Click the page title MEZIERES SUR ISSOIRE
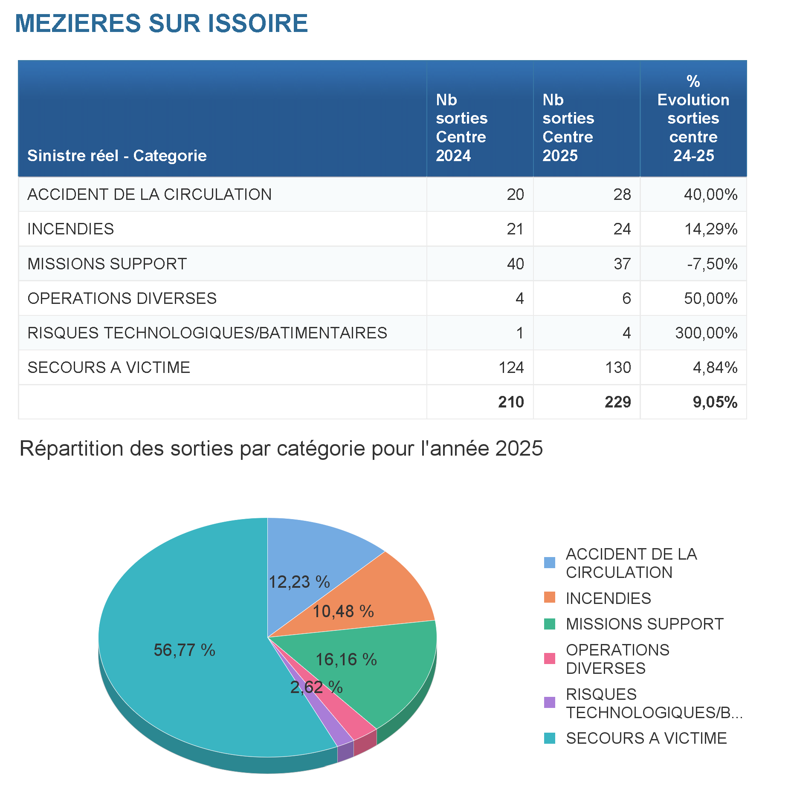161,23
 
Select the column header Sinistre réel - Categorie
117,156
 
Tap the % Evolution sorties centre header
693,118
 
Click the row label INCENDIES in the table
71,229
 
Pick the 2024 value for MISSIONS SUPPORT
515,264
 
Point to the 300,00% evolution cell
706,333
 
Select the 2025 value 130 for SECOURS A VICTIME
618,367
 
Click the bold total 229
617,402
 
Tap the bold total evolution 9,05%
715,402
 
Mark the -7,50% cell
712,264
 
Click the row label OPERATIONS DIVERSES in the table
122,298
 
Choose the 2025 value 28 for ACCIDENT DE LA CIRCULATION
622,194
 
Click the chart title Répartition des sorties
281,448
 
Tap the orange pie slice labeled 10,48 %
384,597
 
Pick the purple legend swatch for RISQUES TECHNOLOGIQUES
550,702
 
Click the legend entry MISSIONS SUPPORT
644,624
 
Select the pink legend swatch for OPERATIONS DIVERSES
550,658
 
